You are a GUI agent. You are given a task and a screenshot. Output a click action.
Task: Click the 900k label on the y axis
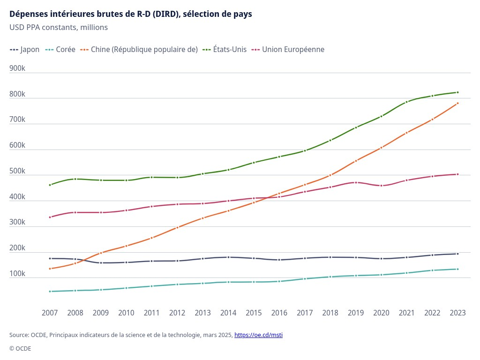(x=17, y=68)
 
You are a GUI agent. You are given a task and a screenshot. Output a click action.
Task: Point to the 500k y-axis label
(x=17, y=171)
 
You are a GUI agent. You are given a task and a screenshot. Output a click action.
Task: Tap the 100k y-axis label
(x=17, y=274)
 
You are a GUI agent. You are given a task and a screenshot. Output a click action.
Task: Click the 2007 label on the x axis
(x=50, y=313)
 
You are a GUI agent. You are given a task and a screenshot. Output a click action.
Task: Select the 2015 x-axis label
(x=254, y=313)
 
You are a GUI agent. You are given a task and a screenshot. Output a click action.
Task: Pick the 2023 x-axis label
(x=457, y=313)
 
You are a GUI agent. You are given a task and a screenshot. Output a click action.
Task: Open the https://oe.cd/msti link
(x=258, y=335)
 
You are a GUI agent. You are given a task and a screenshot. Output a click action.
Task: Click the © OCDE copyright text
(x=20, y=349)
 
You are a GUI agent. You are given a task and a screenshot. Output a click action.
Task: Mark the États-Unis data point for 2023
(x=457, y=92)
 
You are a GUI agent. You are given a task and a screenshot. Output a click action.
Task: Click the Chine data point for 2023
(x=457, y=103)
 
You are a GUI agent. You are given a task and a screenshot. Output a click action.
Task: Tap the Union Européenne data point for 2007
(x=50, y=217)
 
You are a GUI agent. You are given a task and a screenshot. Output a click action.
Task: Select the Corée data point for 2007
(x=50, y=292)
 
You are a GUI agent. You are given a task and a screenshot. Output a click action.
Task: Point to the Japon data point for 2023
(x=457, y=254)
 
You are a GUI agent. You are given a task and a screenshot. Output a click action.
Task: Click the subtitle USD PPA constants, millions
(x=59, y=27)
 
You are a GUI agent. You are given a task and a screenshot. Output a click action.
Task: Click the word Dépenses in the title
(x=28, y=14)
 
